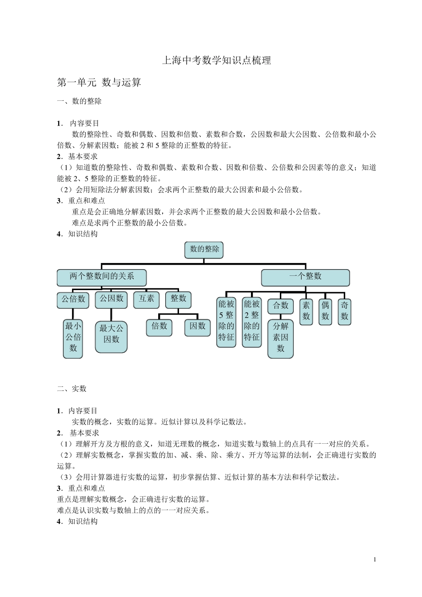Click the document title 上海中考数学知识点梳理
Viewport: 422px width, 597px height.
tap(216, 60)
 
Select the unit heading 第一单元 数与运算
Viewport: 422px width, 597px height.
tap(99, 82)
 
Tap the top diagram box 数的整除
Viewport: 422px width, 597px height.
tap(204, 250)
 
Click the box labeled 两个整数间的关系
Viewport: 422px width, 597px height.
tap(102, 277)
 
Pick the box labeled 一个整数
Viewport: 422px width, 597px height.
tap(305, 277)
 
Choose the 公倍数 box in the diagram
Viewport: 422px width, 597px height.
tap(73, 299)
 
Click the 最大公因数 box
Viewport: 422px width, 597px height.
tap(111, 334)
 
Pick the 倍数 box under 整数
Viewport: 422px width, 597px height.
tap(159, 327)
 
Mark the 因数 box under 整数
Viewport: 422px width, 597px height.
tap(197, 327)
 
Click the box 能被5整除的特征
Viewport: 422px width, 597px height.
tap(226, 321)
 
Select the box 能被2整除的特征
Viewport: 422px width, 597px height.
tap(251, 321)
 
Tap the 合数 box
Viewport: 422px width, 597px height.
tap(280, 306)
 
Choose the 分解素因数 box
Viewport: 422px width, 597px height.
tap(280, 338)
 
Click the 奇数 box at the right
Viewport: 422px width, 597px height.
tap(344, 311)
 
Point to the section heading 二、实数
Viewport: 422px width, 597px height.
tap(72, 389)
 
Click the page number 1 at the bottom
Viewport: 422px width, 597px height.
tap(375, 559)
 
